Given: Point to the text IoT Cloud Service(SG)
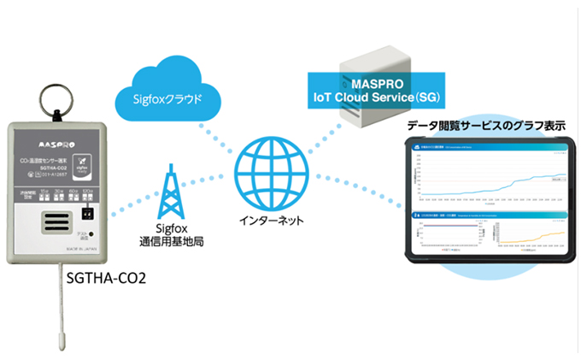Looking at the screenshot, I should point(379,98).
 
